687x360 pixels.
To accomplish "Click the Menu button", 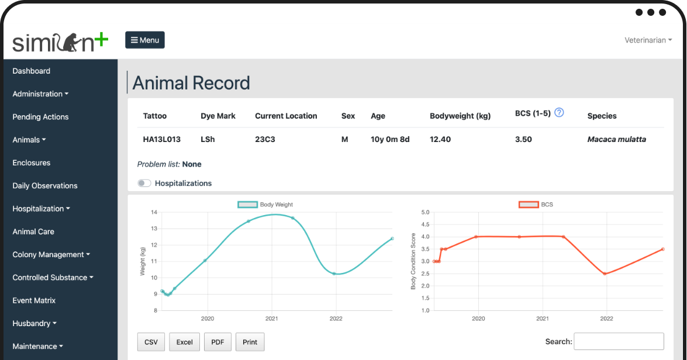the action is (145, 40).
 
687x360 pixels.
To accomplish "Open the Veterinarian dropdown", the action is (648, 40).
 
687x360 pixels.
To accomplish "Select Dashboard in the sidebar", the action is (32, 71).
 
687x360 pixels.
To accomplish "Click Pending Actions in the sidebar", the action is (41, 117).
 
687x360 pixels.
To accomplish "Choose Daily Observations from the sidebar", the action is (45, 186).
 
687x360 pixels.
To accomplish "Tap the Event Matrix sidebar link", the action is (34, 300).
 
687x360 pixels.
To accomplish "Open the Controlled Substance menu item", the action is (53, 278).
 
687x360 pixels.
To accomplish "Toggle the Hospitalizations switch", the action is (144, 183).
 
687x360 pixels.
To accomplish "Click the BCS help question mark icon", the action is (559, 113).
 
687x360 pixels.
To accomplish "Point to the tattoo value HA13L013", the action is (162, 139).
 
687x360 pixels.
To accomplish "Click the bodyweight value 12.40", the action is (440, 139).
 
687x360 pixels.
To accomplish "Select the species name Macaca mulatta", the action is (616, 139).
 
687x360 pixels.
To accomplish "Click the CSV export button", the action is (151, 342).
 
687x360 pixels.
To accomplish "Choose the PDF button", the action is (218, 342).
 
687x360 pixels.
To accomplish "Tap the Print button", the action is (250, 342).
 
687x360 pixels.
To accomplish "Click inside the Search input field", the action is (619, 342).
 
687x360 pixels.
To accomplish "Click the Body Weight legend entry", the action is (265, 205).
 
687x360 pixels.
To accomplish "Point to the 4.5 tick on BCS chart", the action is (425, 224).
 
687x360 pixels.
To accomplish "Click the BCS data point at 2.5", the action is (605, 274).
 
